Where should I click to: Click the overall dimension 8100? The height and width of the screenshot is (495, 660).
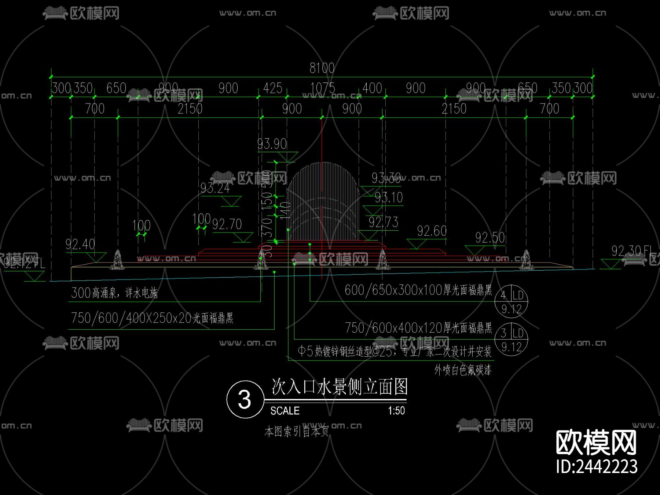[x=322, y=68]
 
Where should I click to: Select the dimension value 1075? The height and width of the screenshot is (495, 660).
[x=323, y=88]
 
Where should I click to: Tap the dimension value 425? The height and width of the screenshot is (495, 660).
[x=273, y=88]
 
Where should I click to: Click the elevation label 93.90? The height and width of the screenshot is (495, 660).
[x=272, y=144]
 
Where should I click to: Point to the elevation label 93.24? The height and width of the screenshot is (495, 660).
[x=215, y=188]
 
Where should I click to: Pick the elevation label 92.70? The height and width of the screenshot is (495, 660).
[x=227, y=224]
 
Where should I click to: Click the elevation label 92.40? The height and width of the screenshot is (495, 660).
[x=80, y=244]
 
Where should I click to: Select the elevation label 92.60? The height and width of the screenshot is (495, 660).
[x=432, y=231]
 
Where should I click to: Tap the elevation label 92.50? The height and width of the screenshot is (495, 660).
[x=490, y=238]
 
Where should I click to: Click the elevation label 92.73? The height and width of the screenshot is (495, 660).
[x=384, y=222]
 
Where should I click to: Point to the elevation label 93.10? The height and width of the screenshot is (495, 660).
[x=389, y=198]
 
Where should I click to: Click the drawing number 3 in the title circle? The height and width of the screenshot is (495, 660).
[x=245, y=399]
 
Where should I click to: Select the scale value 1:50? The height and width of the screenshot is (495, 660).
[x=396, y=411]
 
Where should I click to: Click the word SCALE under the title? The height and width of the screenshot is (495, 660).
[x=285, y=411]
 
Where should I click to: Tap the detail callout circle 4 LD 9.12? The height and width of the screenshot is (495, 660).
[x=511, y=301]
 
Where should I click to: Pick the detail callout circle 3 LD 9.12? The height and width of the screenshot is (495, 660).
[x=511, y=339]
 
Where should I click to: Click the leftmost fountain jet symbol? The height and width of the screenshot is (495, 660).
[x=118, y=259]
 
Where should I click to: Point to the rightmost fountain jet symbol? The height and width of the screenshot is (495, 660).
[x=527, y=260]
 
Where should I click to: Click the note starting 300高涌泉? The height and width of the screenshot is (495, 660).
[x=114, y=293]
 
